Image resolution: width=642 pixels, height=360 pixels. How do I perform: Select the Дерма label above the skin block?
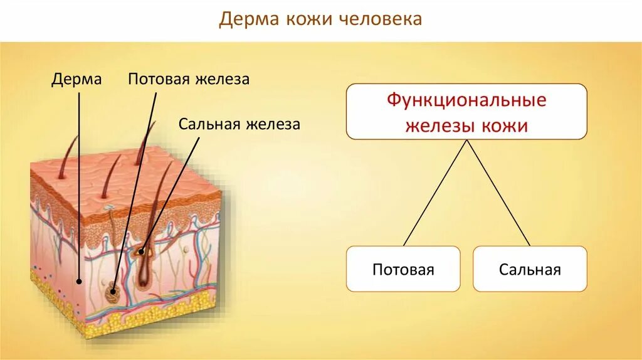[76, 79]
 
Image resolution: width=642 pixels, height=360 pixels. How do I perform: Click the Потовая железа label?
[189, 79]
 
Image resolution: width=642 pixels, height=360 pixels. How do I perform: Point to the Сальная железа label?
[239, 124]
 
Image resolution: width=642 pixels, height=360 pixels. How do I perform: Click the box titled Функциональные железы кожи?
[466, 112]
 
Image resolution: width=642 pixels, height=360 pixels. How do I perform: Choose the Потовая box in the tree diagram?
[403, 269]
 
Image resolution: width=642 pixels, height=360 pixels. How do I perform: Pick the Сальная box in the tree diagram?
[530, 269]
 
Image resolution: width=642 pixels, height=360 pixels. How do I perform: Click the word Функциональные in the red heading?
[466, 100]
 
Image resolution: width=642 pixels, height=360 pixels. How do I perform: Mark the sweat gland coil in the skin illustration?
[114, 290]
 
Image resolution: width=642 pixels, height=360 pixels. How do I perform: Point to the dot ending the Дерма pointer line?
[79, 282]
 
